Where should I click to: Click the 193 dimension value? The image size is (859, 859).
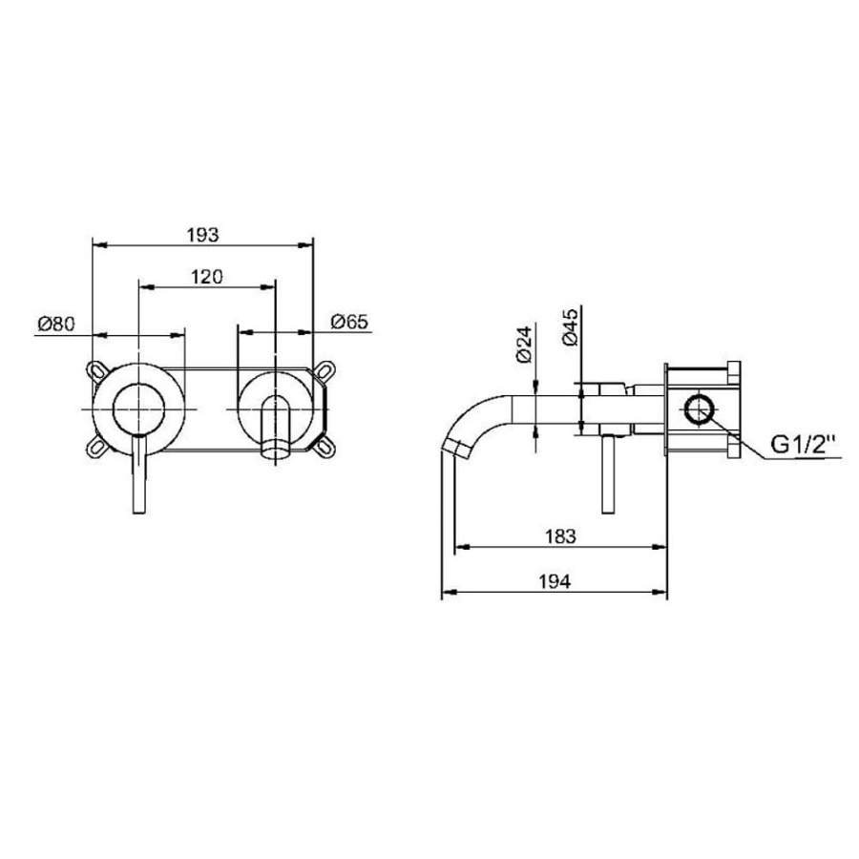click(202, 235)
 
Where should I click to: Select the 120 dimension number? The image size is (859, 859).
click(206, 277)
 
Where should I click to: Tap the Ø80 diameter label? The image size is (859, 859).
click(56, 324)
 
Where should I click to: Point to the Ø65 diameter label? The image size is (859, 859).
click(349, 322)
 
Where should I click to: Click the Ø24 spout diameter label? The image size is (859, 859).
click(524, 344)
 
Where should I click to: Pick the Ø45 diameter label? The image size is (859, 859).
click(570, 327)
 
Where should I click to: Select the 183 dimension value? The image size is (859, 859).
click(560, 535)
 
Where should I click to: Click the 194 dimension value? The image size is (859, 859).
click(555, 581)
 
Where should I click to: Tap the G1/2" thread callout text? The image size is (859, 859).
click(804, 444)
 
